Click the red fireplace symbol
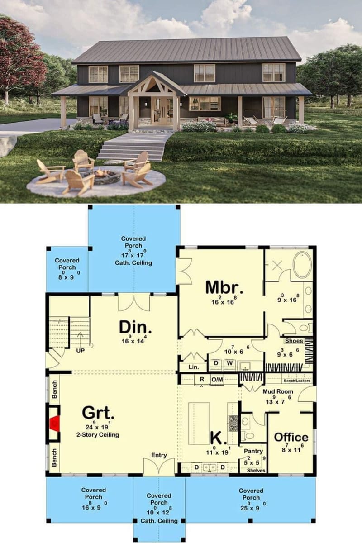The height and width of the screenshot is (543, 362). (x=54, y=425)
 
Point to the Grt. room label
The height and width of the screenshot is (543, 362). (x=98, y=413)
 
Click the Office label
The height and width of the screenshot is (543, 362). (x=291, y=437)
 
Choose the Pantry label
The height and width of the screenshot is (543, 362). (x=253, y=451)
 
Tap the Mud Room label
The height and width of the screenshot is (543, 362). (x=278, y=391)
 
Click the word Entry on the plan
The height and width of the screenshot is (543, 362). (x=159, y=455)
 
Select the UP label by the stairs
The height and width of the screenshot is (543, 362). (x=81, y=351)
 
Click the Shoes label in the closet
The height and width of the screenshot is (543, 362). (x=294, y=341)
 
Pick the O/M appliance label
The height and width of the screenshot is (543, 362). (x=217, y=380)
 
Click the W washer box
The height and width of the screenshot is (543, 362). (x=229, y=363)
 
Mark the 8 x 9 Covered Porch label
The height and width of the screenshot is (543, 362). (x=67, y=267)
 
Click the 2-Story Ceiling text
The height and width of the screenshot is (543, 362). (x=98, y=435)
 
